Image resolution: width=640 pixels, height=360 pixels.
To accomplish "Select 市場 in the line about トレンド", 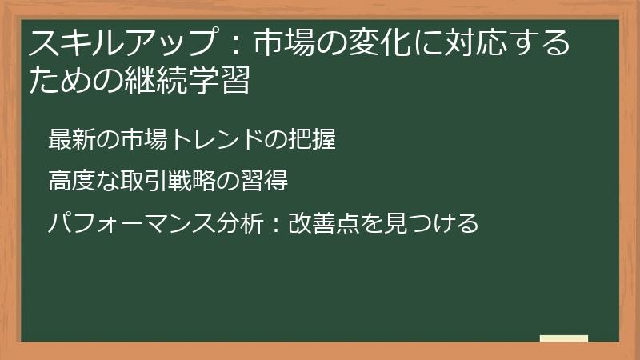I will click(x=145, y=139).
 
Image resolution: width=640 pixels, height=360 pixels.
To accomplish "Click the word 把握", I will click(x=314, y=139).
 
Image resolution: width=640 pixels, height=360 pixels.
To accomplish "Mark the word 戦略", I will click(x=196, y=181).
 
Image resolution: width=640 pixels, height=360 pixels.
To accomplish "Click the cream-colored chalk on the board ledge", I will click(x=564, y=338).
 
